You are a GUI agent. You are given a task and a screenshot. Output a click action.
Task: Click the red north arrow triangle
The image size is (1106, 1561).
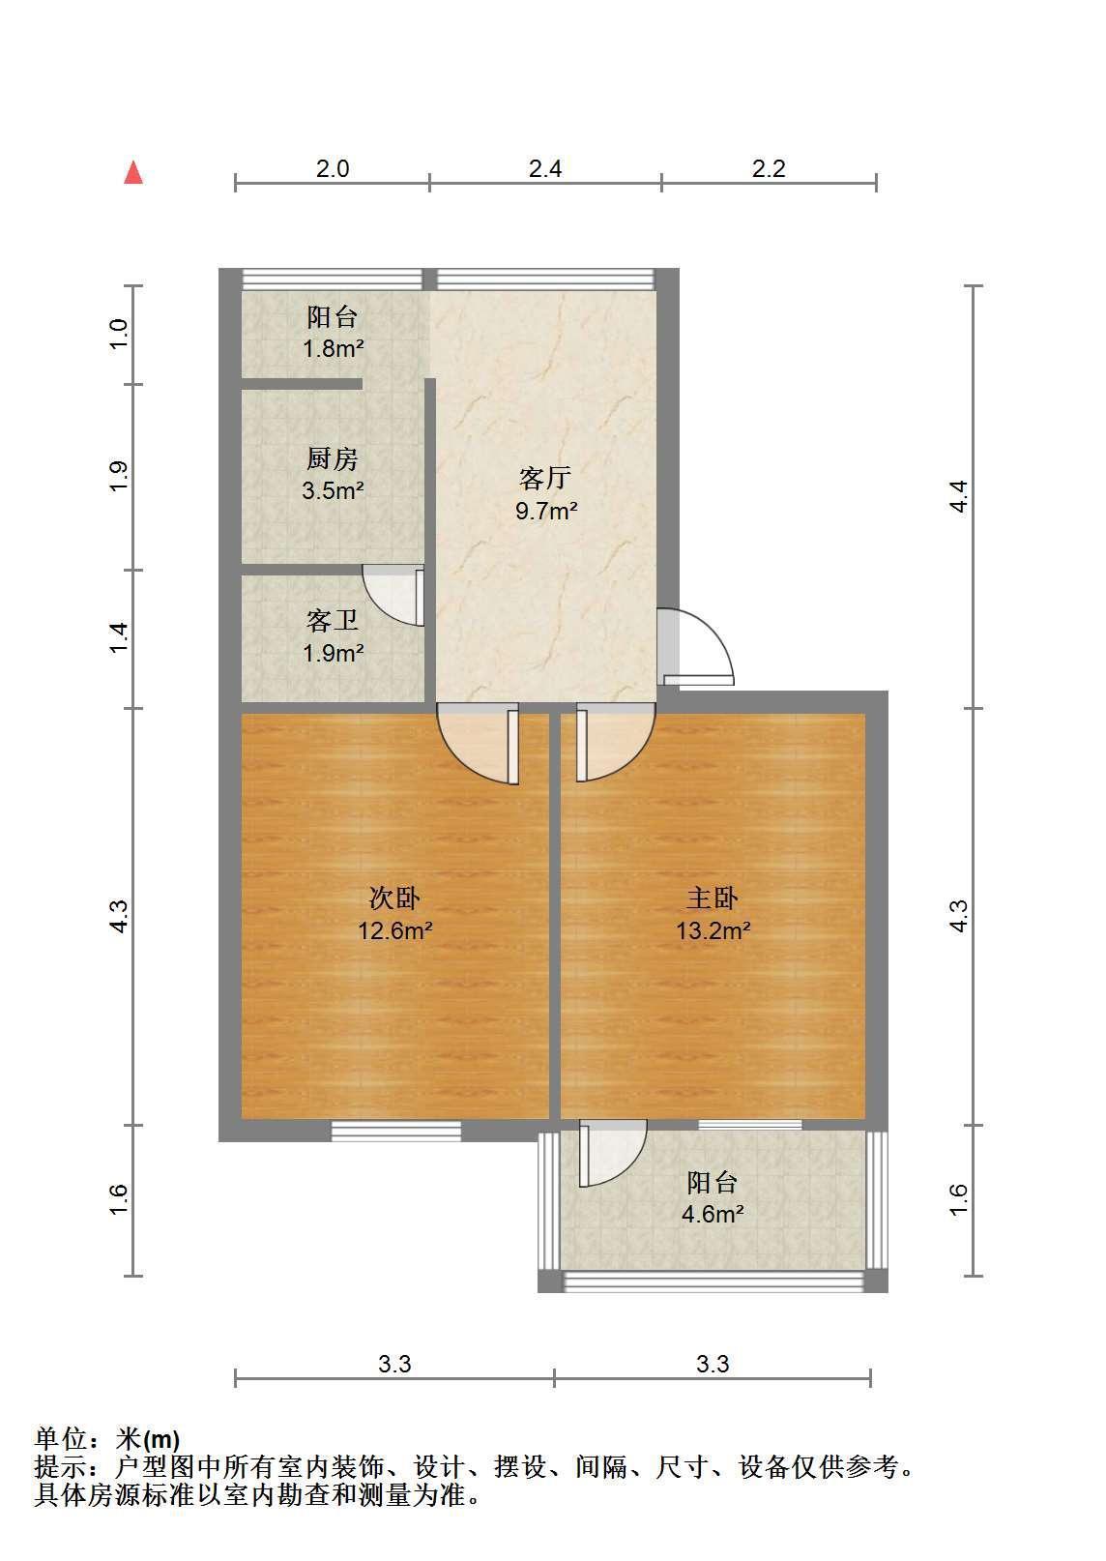point(133,173)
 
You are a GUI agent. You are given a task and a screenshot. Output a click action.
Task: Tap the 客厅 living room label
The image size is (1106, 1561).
point(544,478)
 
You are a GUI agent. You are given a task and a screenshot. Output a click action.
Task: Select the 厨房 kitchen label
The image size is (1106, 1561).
point(332,458)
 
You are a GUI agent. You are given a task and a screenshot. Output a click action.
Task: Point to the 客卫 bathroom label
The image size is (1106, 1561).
point(332,620)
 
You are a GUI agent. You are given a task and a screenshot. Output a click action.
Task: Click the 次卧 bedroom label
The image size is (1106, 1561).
point(394,898)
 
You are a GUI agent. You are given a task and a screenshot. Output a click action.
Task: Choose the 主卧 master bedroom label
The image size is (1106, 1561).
point(712,898)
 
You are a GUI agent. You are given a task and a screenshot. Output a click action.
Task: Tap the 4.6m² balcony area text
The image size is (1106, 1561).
point(713,1215)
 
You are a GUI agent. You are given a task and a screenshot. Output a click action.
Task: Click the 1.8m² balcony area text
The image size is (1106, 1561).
point(333,348)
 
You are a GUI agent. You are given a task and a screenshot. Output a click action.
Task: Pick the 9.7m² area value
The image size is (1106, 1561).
point(546,512)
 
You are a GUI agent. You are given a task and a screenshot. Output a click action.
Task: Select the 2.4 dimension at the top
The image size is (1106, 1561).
point(544,168)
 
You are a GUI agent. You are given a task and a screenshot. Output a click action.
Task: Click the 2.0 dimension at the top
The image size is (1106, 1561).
point(333,168)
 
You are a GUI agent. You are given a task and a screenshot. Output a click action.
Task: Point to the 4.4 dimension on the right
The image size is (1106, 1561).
point(958,496)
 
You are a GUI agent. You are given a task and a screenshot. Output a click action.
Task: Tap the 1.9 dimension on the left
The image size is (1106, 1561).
point(119,477)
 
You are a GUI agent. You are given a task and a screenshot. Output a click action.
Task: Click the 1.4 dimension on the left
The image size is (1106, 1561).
point(119,637)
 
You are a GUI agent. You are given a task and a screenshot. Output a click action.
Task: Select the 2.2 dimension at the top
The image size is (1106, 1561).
point(769,168)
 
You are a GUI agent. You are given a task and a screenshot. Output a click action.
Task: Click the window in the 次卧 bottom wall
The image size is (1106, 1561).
point(395,1131)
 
